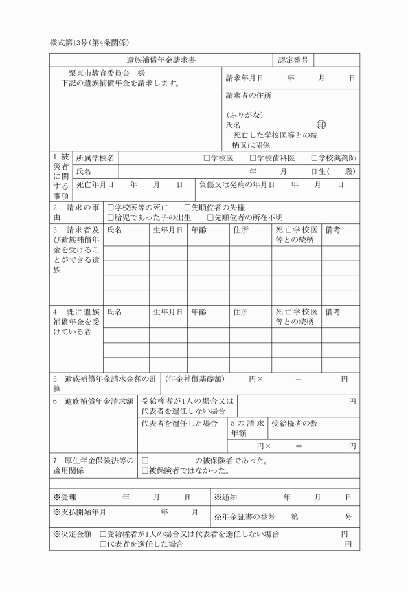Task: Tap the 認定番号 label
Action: coord(295,60)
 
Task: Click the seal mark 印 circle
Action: coord(321,125)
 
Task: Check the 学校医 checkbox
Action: coord(207,158)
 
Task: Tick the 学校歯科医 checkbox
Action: coord(253,158)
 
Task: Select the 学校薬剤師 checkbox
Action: coord(314,158)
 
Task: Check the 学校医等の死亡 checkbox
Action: coord(111,208)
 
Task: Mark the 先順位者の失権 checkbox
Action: coord(188,208)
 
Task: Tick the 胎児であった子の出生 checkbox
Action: coord(111,217)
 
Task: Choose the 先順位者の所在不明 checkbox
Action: coord(210,217)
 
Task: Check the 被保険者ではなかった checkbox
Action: coord(145,470)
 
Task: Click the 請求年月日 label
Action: coord(244,78)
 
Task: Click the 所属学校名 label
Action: coord(95,158)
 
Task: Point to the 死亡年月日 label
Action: coord(95,184)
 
